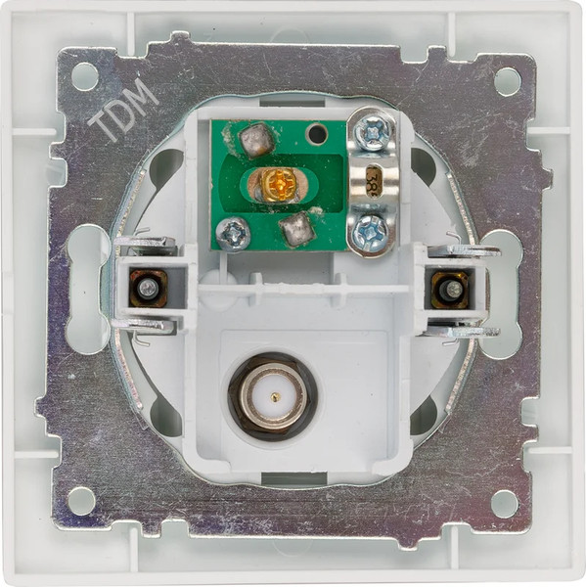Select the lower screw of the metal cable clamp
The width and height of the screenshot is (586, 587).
(372, 233)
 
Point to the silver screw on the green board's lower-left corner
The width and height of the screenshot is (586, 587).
(233, 233)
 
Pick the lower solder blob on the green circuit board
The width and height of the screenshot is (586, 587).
(295, 230)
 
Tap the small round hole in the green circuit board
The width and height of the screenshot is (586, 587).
(315, 133)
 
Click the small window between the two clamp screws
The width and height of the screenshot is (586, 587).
(373, 182)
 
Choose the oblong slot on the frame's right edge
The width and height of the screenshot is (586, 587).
(499, 290)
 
